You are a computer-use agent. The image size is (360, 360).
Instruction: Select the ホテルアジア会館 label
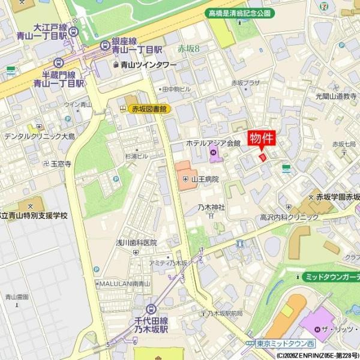point(213,143)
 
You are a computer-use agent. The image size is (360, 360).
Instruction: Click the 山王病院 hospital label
point(204,179)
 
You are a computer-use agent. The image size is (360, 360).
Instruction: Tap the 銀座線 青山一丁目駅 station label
point(137,46)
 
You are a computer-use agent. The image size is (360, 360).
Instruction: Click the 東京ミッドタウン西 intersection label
point(284,344)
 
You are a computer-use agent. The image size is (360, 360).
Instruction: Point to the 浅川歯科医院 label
point(136,242)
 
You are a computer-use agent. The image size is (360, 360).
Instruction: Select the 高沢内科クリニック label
point(289,217)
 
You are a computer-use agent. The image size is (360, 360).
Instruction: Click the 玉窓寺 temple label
point(61,164)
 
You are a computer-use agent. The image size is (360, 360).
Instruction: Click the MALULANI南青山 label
point(124,283)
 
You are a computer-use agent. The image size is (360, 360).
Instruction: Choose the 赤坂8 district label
point(189,49)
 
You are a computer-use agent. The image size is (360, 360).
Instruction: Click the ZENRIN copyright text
point(318,355)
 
